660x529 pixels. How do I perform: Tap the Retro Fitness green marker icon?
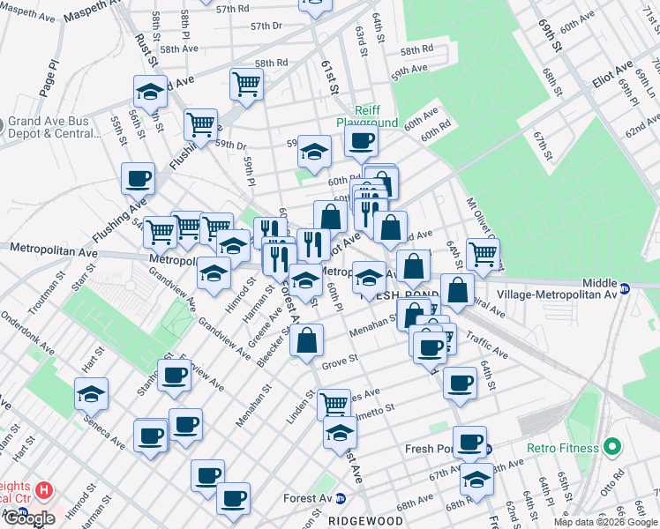(x=610, y=448)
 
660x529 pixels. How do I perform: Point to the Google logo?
(x=28, y=518)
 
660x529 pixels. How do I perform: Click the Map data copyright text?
(x=604, y=522)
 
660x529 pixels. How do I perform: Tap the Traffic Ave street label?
(x=486, y=346)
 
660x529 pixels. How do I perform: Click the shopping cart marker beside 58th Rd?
(x=246, y=84)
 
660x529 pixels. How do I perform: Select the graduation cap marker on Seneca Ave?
(x=91, y=394)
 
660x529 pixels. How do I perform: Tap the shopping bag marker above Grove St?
(x=306, y=340)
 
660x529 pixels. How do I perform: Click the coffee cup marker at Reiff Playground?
(x=360, y=140)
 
